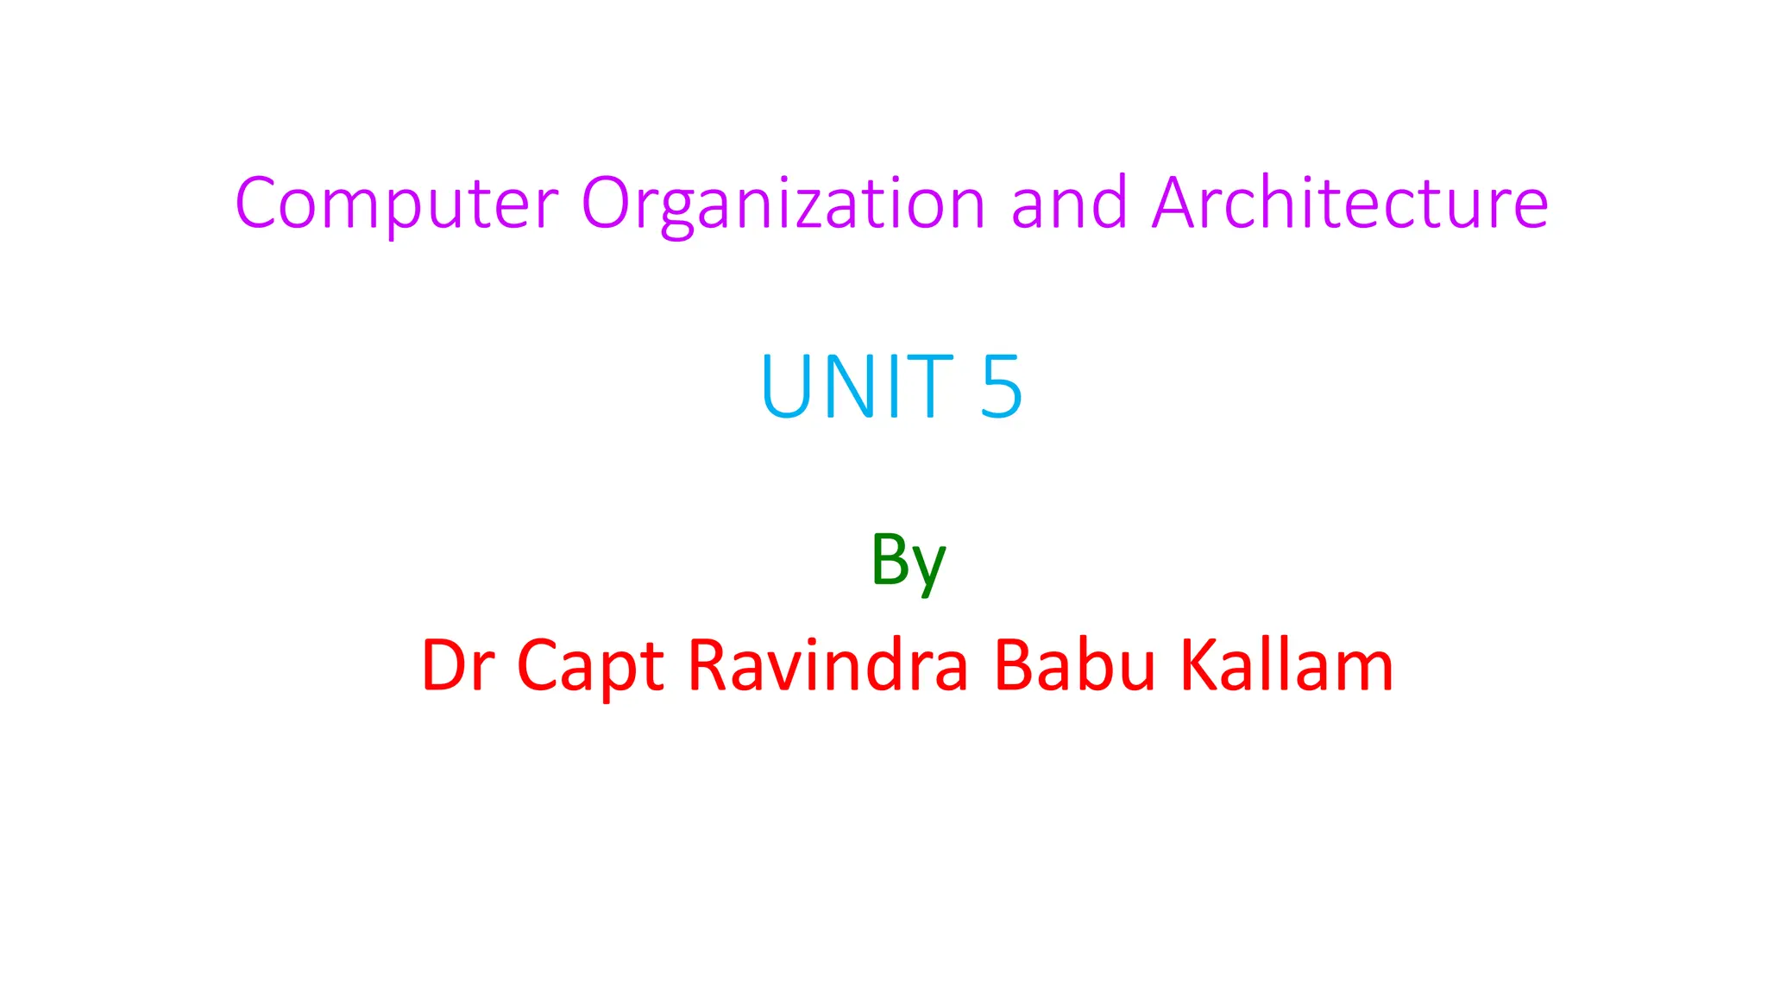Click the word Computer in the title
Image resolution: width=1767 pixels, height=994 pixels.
pyautogui.click(x=397, y=204)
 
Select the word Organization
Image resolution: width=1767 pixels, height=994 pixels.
pyautogui.click(x=783, y=204)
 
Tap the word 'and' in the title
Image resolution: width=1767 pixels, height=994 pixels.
pyautogui.click(x=1069, y=204)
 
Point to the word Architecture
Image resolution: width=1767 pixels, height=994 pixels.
pyautogui.click(x=1350, y=204)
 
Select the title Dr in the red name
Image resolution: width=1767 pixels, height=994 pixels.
pyautogui.click(x=457, y=666)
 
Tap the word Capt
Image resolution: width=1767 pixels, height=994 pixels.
pyautogui.click(x=590, y=666)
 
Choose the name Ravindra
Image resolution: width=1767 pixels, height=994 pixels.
pyautogui.click(x=828, y=666)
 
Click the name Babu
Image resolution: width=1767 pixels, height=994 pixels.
pyautogui.click(x=1074, y=666)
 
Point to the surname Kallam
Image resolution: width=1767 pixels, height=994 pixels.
pyautogui.click(x=1286, y=666)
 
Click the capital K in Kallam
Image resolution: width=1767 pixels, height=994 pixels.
pyautogui.click(x=1199, y=665)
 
